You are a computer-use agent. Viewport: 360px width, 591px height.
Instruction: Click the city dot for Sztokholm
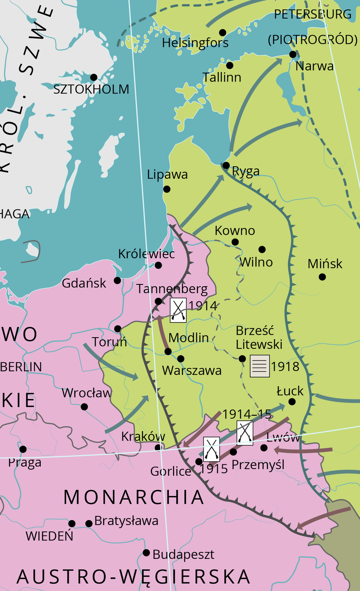(94, 77)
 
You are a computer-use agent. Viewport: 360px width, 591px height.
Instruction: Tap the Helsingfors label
(195, 43)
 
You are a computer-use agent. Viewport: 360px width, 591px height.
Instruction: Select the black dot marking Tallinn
(230, 65)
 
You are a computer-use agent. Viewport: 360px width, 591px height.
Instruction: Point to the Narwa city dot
(293, 55)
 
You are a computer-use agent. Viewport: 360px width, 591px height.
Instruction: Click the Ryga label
(246, 171)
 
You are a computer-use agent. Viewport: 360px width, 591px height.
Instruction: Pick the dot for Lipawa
(167, 189)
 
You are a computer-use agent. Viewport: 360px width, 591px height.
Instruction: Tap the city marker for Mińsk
(322, 277)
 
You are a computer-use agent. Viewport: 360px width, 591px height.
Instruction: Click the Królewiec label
(146, 254)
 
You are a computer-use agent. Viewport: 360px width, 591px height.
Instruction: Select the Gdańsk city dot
(117, 280)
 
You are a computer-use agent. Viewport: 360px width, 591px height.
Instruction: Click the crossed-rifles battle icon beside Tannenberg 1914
(178, 310)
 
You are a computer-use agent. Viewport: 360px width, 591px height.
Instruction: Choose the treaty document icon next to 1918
(259, 366)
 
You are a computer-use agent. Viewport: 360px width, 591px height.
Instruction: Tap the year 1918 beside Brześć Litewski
(285, 366)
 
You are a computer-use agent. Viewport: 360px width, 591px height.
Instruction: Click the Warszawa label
(192, 370)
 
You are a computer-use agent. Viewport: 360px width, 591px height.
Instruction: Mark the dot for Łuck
(292, 402)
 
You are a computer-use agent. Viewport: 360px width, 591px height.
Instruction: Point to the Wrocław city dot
(84, 407)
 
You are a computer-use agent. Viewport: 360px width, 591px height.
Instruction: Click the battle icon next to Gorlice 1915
(211, 449)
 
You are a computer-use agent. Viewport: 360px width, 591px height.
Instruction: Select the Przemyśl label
(258, 464)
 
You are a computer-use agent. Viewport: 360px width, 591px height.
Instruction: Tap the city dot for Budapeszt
(146, 553)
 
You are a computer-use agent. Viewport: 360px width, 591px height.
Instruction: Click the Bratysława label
(126, 521)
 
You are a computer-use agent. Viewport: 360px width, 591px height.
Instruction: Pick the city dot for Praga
(23, 449)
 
